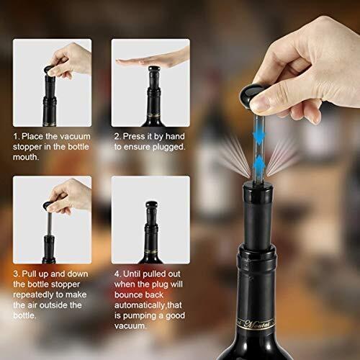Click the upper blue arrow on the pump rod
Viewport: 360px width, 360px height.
pyautogui.click(x=258, y=135)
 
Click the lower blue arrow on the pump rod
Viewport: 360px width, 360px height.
pyautogui.click(x=258, y=166)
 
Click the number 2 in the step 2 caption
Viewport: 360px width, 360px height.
pyautogui.click(x=117, y=136)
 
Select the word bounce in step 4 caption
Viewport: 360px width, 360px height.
pyautogui.click(x=127, y=294)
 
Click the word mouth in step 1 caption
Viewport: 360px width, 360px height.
pyautogui.click(x=25, y=157)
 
